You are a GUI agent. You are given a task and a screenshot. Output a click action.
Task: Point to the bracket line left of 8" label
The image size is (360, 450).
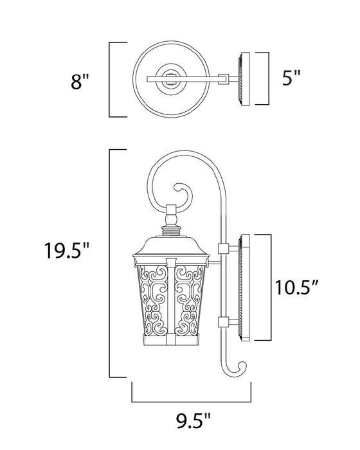pyautogui.click(x=111, y=80)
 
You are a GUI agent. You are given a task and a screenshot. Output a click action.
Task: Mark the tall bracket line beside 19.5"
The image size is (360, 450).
pyautogui.click(x=111, y=264)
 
